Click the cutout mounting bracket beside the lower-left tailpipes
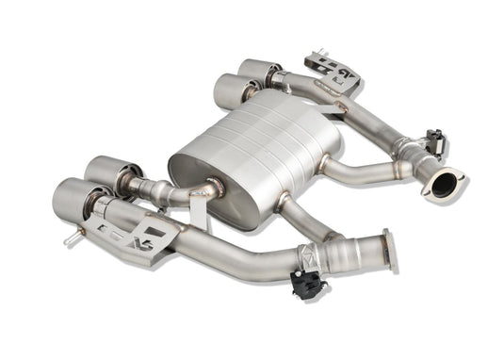tap(141, 231)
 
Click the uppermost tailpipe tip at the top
tap(258, 70)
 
